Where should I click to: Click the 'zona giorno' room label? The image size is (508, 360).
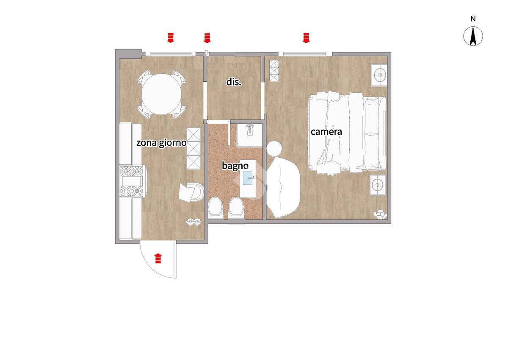coord(161,143)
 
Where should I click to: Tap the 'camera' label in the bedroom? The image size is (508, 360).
coord(326,132)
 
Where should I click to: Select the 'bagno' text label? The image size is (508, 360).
coord(235,166)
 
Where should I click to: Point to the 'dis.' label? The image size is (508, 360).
coord(234,82)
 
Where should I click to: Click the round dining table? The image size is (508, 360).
coord(161,94)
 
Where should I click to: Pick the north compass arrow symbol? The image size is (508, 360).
coord(473,36)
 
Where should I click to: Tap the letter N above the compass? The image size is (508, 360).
coord(473,19)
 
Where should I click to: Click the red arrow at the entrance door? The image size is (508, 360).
coord(158,258)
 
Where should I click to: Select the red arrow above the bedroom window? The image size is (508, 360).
coord(306,38)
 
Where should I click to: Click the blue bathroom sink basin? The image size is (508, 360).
coord(248,178)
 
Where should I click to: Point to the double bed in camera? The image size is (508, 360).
coord(347,133)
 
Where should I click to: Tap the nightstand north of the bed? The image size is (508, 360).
coord(379,75)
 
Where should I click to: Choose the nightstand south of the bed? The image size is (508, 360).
coord(378,185)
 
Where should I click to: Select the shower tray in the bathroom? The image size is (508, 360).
coord(249,136)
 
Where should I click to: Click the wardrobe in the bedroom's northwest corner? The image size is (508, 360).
coord(274,71)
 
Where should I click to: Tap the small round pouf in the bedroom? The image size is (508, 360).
coord(274,148)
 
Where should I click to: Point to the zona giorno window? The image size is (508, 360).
coord(171,54)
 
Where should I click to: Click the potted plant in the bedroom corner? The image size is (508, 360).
coord(380,215)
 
